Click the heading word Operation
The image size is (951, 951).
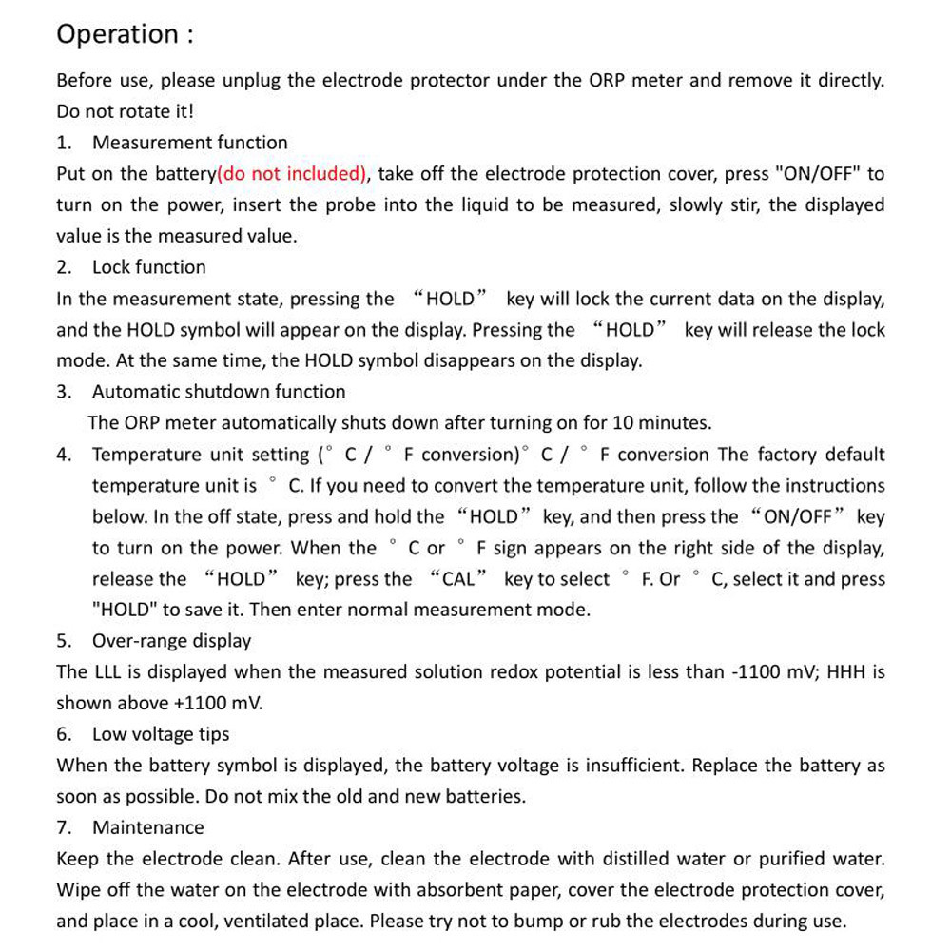116,34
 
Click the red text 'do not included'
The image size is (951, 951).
293,174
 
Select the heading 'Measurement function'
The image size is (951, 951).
189,143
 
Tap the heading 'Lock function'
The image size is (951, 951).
148,267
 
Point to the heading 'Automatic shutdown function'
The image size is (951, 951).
219,392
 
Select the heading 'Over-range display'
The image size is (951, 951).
171,641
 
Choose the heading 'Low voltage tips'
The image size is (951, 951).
161,734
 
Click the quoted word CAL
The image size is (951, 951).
458,579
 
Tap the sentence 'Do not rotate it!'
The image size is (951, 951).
125,111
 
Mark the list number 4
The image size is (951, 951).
63,455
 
